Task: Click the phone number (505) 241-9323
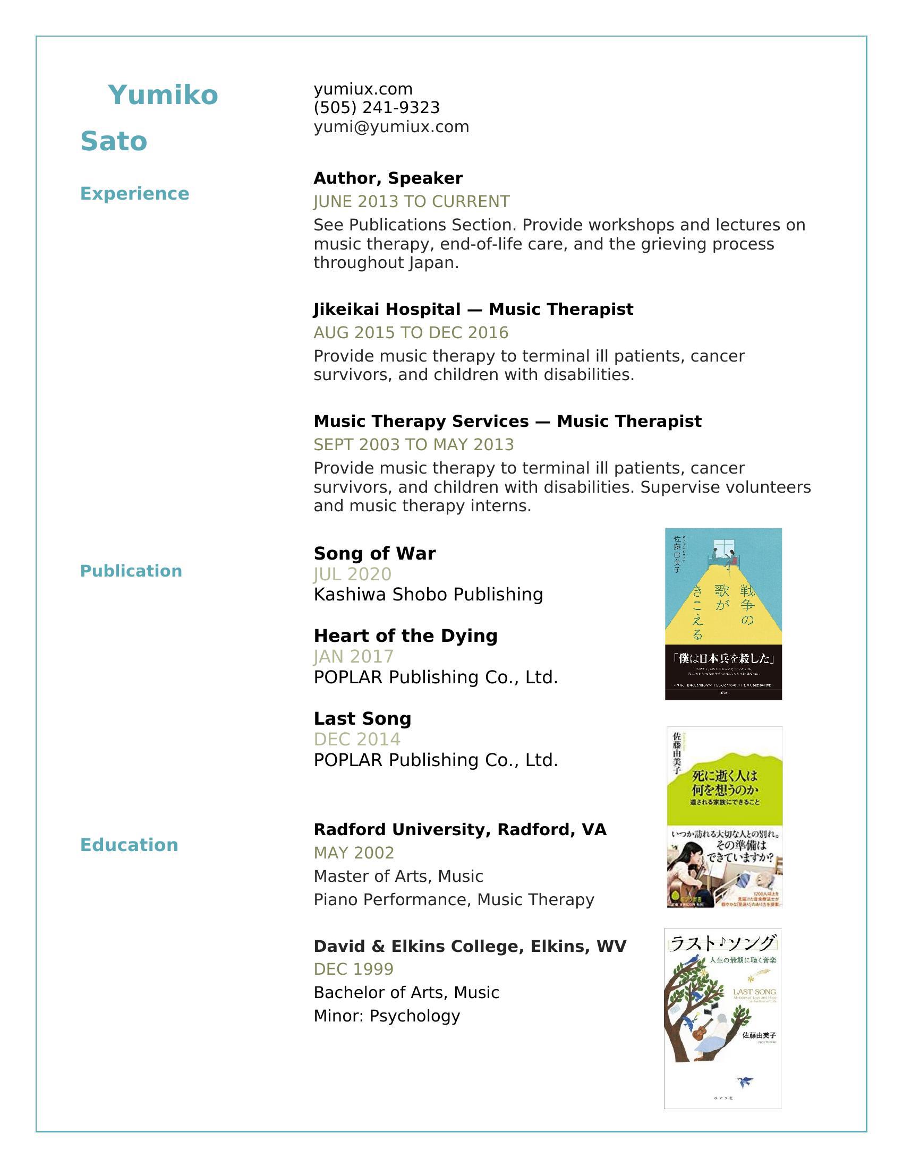click(377, 107)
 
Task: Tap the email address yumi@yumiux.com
click(391, 127)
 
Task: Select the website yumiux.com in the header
click(363, 89)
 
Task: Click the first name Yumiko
click(163, 95)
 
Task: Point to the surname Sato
click(114, 141)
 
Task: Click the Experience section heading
click(134, 194)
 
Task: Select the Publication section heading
click(131, 571)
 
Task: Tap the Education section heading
click(129, 845)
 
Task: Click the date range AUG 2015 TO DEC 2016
click(411, 333)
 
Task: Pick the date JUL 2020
click(353, 574)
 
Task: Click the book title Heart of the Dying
click(405, 636)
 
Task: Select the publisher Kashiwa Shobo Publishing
click(428, 594)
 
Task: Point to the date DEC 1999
click(354, 969)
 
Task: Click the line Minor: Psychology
click(386, 1016)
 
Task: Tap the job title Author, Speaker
click(388, 178)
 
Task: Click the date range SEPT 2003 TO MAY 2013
click(413, 444)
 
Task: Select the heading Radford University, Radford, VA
click(460, 829)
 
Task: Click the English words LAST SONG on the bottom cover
click(754, 992)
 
